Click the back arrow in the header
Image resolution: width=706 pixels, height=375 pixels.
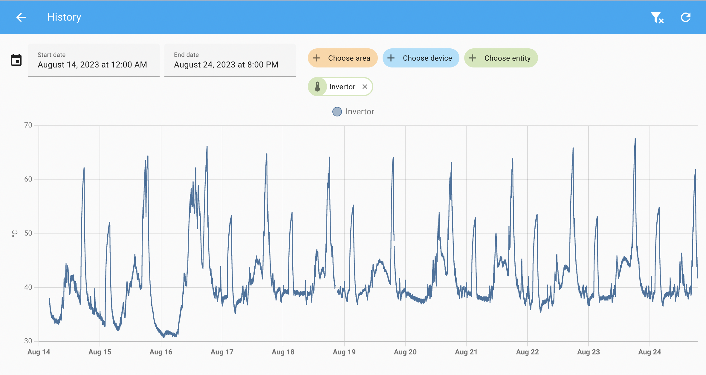[21, 17]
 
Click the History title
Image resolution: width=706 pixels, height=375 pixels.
[64, 17]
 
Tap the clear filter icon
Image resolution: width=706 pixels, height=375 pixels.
[657, 18]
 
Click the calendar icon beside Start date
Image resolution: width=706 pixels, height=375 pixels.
[16, 60]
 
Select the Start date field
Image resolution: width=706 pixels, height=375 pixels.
[94, 60]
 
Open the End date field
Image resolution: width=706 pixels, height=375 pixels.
[230, 60]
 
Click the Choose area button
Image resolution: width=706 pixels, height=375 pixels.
[343, 58]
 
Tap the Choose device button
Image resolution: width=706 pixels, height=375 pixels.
[421, 58]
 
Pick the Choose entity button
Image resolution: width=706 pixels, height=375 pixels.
[501, 58]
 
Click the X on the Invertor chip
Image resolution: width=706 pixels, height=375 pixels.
[365, 87]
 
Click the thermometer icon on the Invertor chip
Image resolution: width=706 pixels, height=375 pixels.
[317, 87]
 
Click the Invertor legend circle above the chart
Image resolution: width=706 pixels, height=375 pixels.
[337, 112]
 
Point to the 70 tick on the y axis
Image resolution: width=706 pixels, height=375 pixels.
[28, 125]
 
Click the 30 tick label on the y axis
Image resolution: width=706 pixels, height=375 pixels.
[28, 341]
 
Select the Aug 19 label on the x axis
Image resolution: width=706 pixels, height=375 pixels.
[344, 352]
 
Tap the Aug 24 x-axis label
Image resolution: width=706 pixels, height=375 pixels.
[650, 352]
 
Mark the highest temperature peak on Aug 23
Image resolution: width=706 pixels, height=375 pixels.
[635, 139]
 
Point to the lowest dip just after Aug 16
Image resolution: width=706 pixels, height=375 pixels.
[164, 337]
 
